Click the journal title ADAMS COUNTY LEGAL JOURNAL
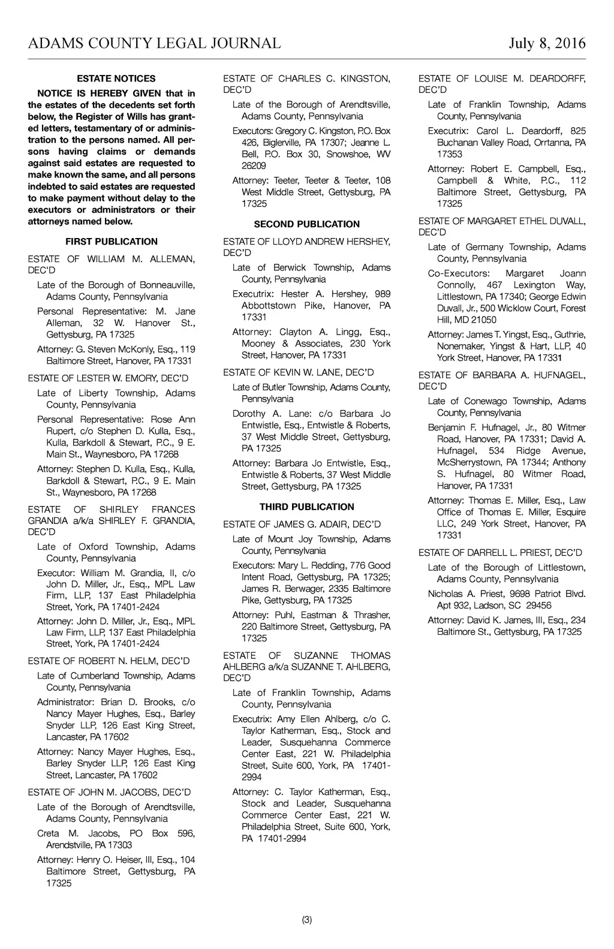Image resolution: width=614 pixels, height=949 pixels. [154, 43]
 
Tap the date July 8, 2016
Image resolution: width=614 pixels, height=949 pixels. [547, 43]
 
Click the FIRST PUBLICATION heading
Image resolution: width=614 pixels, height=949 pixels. [112, 242]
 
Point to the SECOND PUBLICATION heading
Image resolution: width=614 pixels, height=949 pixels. [307, 224]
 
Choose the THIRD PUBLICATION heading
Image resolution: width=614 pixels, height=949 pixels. [307, 507]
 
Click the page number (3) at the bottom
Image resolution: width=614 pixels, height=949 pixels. [307, 920]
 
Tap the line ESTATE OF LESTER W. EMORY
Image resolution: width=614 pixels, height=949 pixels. [108, 378]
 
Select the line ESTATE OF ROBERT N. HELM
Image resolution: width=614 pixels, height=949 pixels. [109, 661]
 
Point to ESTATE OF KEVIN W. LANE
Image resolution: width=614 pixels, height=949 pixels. [299, 372]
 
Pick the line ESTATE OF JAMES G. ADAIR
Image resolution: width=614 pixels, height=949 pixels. [302, 524]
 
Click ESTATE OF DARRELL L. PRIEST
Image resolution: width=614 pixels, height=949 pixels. [500, 552]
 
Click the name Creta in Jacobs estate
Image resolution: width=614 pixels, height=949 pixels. [47, 833]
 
